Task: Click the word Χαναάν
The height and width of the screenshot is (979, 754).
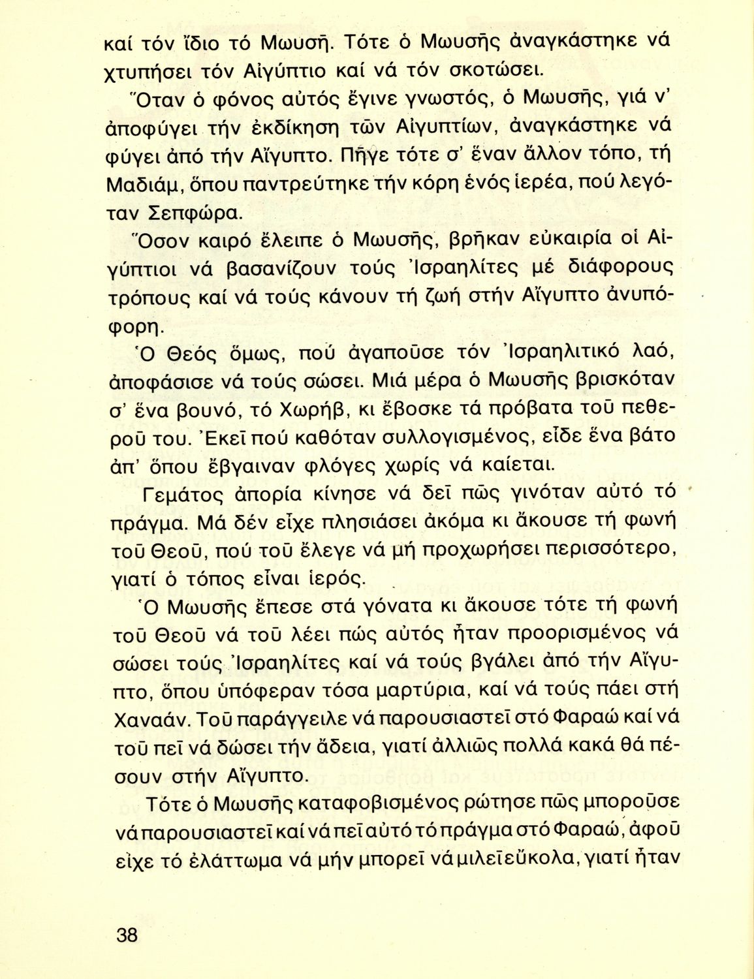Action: (152, 718)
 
